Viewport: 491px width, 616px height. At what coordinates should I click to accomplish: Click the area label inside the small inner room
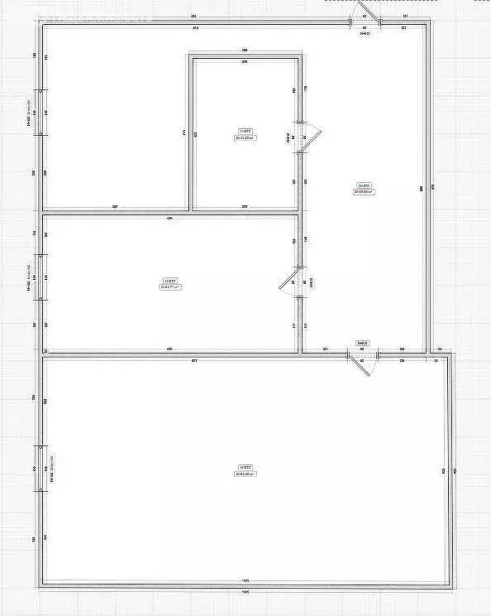(245, 134)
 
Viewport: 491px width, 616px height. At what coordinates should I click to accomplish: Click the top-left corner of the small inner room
(191, 56)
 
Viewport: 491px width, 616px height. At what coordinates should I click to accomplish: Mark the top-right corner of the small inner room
(301, 56)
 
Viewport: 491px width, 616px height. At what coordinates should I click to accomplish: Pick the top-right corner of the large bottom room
(451, 358)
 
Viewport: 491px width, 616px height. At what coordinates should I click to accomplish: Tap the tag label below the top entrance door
(365, 35)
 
